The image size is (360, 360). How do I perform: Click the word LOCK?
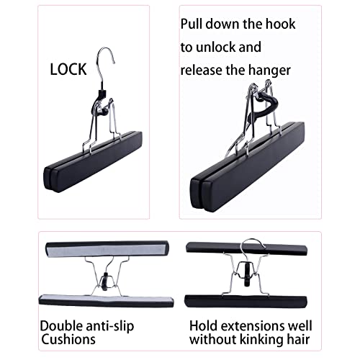(x=68, y=69)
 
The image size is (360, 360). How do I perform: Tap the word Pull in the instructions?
(x=192, y=24)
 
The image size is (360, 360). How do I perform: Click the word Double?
(x=61, y=326)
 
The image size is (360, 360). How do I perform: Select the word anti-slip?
(x=110, y=326)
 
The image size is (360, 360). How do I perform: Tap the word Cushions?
(x=68, y=340)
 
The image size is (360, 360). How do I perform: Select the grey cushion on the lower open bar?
(x=106, y=299)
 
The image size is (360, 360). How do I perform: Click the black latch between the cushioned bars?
(x=104, y=282)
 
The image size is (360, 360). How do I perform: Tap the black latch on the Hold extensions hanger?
(x=247, y=274)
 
